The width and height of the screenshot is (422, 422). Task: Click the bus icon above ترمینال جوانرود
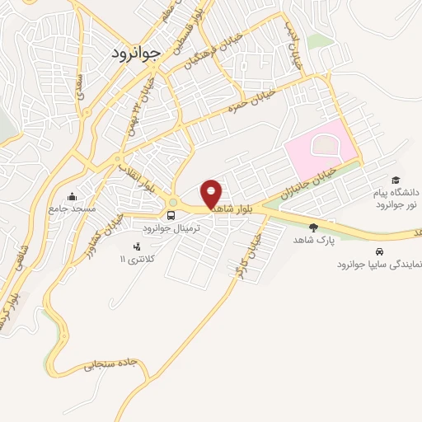point(171,215)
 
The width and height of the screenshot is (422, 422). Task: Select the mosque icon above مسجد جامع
point(73,196)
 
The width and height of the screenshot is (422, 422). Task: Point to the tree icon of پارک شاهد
point(312,227)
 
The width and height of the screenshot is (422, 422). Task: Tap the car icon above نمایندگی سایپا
point(378,251)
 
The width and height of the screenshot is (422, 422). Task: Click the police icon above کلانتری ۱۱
point(137,246)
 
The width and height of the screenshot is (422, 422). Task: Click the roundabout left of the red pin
point(173,202)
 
